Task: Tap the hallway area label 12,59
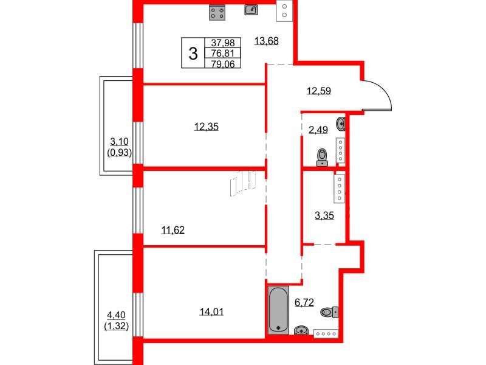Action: (320, 92)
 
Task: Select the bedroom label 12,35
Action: (206, 127)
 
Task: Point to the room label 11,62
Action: (173, 230)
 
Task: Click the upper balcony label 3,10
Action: (120, 141)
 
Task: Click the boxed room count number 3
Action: (193, 54)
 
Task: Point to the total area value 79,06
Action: (225, 62)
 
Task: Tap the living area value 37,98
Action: (225, 43)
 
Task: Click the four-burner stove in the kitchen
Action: (217, 12)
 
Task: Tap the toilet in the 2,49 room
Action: (323, 158)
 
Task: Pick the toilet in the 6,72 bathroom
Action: (329, 312)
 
